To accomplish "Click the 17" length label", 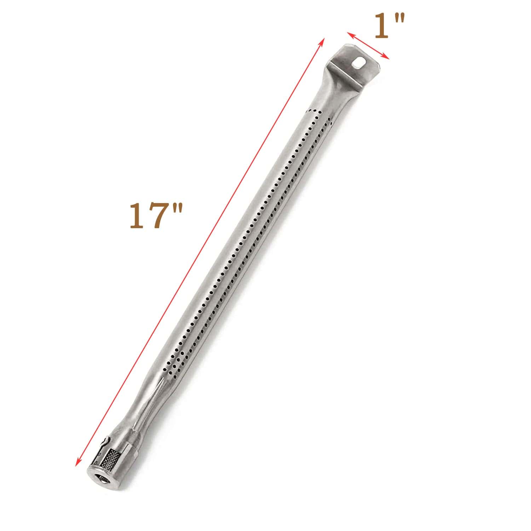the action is pyautogui.click(x=156, y=215).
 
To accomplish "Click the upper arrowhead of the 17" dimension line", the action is pyautogui.click(x=322, y=41).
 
